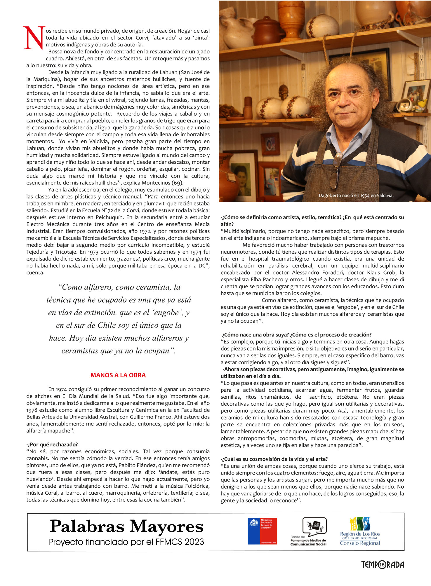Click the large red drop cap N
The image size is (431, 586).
pyautogui.click(x=34, y=38)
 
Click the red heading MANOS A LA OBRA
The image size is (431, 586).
pyautogui.click(x=118, y=375)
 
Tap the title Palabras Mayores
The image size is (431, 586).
pyautogui.click(x=126, y=527)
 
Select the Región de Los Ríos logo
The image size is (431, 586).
pyautogui.click(x=360, y=532)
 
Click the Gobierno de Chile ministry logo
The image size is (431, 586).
pyautogui.click(x=262, y=531)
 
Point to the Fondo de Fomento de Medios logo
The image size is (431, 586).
pyautogui.click(x=309, y=532)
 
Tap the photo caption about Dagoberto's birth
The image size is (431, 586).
pyautogui.click(x=356, y=196)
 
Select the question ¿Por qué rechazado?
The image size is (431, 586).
pyautogui.click(x=53, y=444)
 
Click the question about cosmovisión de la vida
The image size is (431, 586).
pyautogui.click(x=274, y=459)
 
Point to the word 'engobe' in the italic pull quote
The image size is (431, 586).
pyautogui.click(x=166, y=313)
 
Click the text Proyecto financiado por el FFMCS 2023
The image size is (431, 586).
pyautogui.click(x=126, y=542)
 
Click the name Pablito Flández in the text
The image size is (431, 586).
pyautogui.click(x=144, y=465)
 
